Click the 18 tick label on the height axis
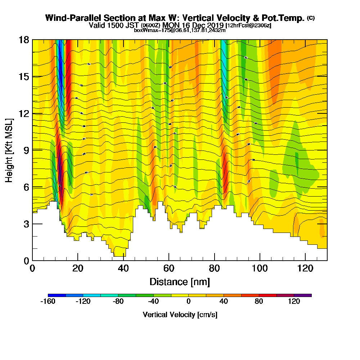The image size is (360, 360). pyautogui.click(x=24, y=40)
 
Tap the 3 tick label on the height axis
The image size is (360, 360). pyautogui.click(x=26, y=224)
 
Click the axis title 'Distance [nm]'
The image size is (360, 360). pyautogui.click(x=180, y=282)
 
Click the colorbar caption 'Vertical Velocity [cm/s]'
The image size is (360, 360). pyautogui.click(x=180, y=315)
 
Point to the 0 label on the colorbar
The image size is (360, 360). pyautogui.click(x=189, y=302)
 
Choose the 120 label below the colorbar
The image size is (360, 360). pyautogui.click(x=294, y=302)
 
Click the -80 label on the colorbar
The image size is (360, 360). pyautogui.click(x=118, y=302)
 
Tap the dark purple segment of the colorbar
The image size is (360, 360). pyautogui.click(x=303, y=295)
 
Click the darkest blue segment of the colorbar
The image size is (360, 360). pyautogui.click(x=57, y=295)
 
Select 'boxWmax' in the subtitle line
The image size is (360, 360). pyautogui.click(x=144, y=30)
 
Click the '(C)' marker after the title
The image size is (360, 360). pyautogui.click(x=311, y=18)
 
